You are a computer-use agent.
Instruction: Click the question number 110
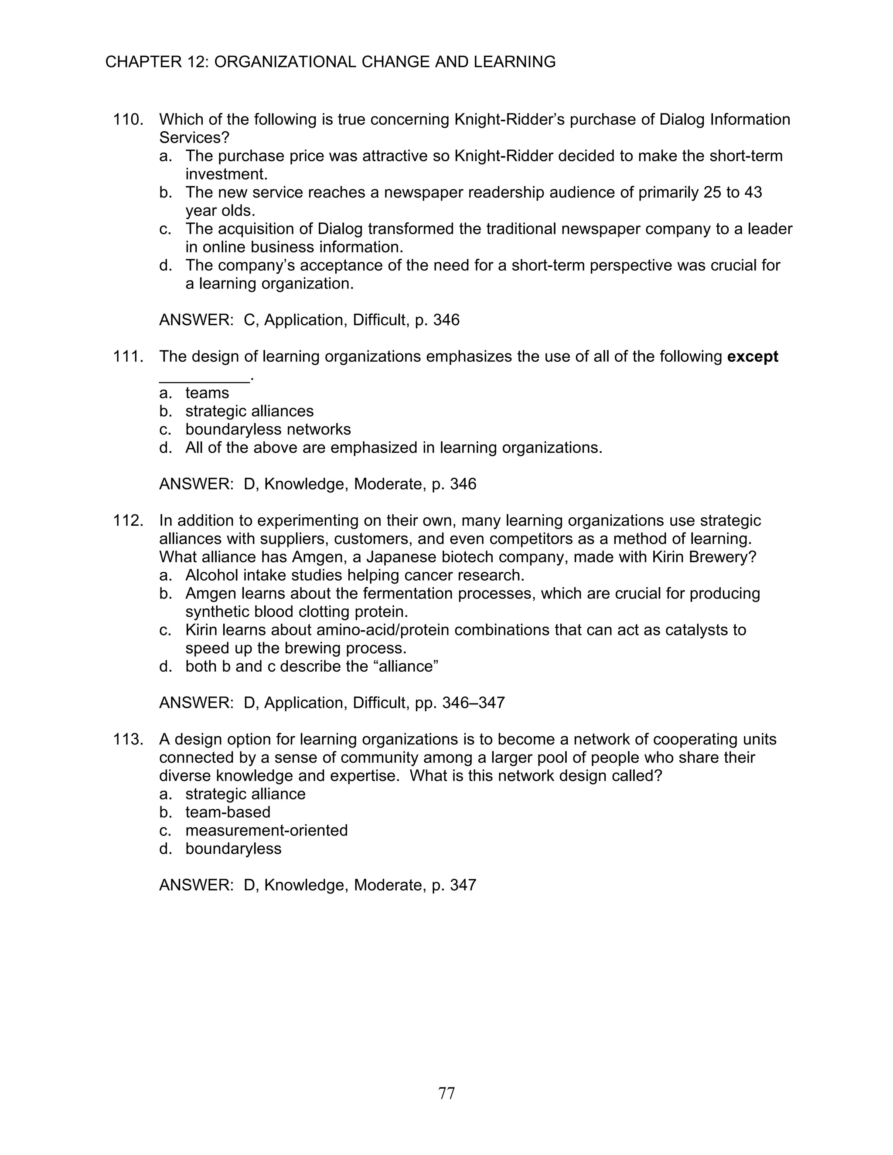128,119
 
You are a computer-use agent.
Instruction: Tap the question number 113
128,739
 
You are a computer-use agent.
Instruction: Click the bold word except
752,357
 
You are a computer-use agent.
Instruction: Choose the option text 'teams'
207,394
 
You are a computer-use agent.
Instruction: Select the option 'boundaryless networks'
268,429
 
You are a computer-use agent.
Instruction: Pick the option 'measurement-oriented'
266,830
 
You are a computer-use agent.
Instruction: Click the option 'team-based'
228,812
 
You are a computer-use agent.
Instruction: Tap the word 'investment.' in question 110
226,174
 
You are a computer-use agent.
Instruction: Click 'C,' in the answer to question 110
252,320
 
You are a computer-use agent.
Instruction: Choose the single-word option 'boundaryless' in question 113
233,849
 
